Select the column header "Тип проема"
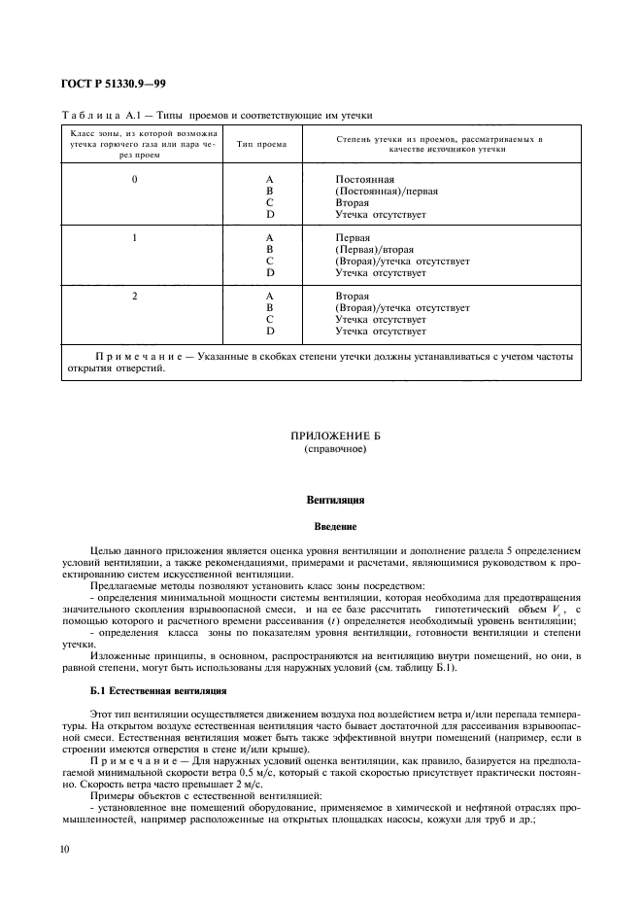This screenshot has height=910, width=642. click(261, 144)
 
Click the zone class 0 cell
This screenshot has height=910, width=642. click(135, 181)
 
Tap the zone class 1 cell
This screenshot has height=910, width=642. click(135, 237)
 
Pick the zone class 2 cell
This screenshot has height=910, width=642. click(135, 295)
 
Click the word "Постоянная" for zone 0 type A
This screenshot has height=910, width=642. click(364, 181)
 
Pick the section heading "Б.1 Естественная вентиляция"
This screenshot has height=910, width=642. click(158, 690)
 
